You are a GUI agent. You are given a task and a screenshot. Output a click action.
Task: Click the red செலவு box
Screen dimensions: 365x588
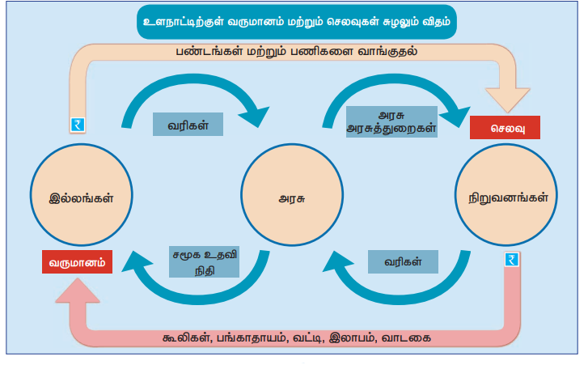coord(504,128)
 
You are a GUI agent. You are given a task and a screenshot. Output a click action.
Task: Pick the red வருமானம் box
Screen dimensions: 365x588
coord(78,261)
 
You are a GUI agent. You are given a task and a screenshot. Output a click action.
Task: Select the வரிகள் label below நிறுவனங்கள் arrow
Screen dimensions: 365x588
coord(402,262)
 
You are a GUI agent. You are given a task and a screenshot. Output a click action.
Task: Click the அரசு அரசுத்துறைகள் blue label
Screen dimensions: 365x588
coord(391,121)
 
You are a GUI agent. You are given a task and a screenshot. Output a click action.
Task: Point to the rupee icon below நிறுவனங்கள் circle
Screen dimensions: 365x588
coord(510,259)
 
